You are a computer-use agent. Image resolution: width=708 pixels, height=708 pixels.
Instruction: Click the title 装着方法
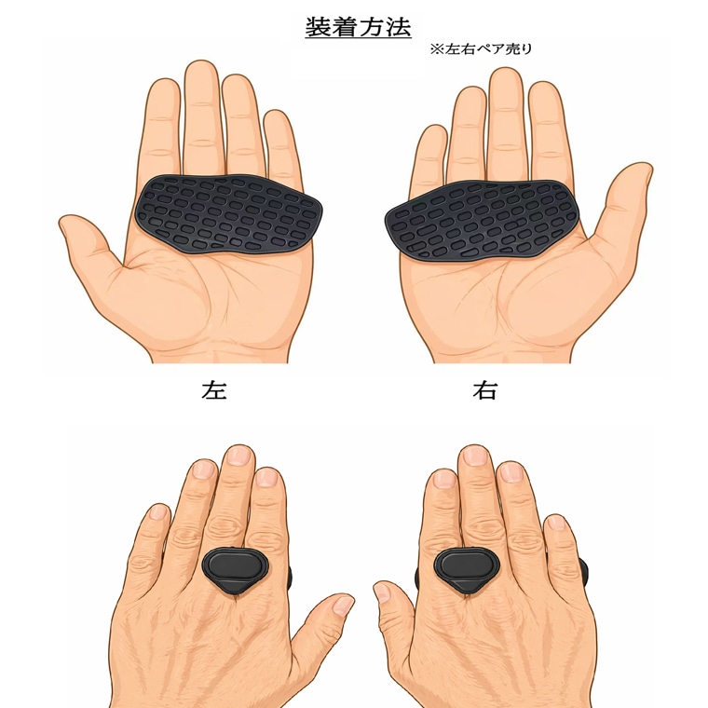(x=358, y=28)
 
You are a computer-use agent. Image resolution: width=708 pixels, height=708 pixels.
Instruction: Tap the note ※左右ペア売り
(x=482, y=48)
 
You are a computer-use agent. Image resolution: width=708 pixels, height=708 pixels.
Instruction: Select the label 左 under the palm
(x=213, y=390)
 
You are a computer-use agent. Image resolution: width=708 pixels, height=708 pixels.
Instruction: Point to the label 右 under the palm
(x=484, y=390)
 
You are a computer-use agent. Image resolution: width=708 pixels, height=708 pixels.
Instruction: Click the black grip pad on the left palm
(x=230, y=213)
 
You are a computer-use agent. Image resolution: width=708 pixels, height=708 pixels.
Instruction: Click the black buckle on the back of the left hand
(x=236, y=569)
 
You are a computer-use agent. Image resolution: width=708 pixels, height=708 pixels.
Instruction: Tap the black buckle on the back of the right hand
(x=466, y=569)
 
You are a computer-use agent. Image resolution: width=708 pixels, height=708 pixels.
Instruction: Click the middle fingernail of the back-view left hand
(x=238, y=456)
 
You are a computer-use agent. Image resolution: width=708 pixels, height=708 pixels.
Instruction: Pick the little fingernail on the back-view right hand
(x=555, y=523)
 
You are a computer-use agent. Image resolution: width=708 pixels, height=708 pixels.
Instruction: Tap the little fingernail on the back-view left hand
(x=157, y=512)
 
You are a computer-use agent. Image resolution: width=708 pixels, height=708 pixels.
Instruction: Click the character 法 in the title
(x=398, y=28)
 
